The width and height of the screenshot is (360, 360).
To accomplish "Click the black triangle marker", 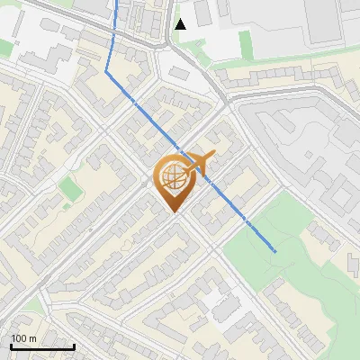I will [x=181, y=23].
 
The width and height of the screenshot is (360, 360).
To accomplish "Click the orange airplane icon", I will [x=199, y=163].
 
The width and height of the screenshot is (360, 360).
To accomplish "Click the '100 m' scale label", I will [x=24, y=338].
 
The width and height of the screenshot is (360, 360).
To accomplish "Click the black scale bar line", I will [x=42, y=347].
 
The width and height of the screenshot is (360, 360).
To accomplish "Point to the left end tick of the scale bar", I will [x=12, y=346].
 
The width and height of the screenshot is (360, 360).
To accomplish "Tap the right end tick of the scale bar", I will [x=74, y=346].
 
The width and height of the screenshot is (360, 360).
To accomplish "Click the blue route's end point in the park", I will [x=274, y=251].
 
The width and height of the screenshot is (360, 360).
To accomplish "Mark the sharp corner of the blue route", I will [x=107, y=71].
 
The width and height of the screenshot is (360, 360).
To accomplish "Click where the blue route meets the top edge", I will [x=116, y=2].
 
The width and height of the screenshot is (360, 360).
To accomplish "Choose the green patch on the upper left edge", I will [x=5, y=48].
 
